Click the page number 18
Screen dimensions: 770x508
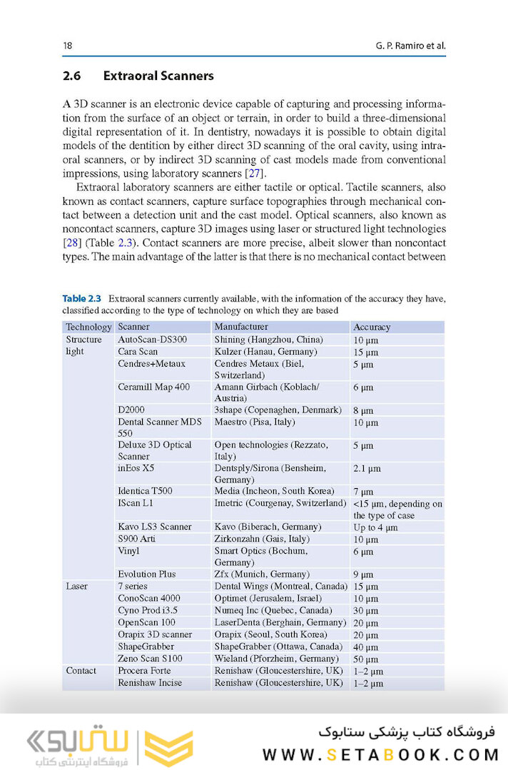pos(67,46)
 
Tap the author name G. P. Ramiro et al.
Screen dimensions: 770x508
pos(410,46)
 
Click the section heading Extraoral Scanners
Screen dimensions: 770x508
pos(158,76)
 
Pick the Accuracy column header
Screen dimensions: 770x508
pos(372,327)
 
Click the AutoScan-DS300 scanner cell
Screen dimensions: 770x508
pos(152,340)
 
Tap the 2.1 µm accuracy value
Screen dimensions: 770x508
pos(367,469)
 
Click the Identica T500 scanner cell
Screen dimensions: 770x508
pos(145,491)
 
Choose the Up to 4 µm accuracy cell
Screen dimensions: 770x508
pos(375,527)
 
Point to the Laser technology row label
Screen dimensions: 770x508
pos(77,587)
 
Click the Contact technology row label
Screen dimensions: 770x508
pos(81,671)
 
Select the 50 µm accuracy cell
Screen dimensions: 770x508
pos(365,659)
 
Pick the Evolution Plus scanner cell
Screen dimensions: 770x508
pos(147,574)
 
